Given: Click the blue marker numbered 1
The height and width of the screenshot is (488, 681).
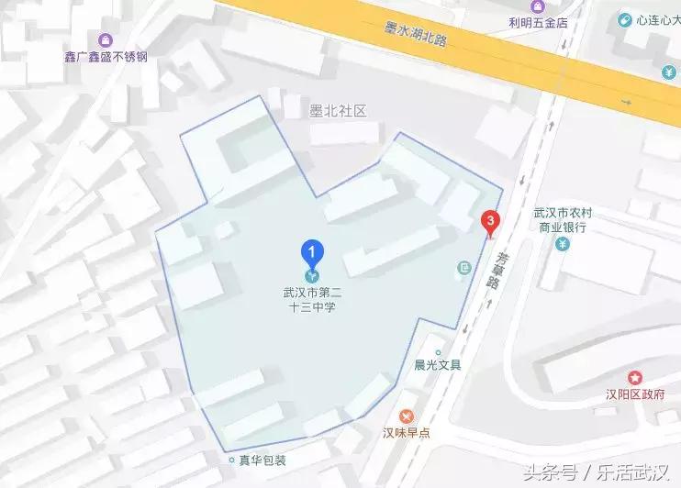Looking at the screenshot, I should [313, 251].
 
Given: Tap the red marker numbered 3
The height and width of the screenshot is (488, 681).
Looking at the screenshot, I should [491, 221].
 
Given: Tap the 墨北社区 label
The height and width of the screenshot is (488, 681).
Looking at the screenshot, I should [338, 111].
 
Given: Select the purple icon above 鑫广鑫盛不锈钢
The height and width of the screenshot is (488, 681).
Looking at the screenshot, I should [106, 40].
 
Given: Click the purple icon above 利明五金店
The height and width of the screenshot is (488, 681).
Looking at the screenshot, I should [539, 6].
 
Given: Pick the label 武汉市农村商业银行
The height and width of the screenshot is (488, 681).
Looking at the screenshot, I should [564, 220].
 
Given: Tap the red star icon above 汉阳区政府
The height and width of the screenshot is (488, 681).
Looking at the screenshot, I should [634, 377].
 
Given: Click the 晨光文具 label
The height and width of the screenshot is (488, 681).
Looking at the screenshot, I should [437, 364].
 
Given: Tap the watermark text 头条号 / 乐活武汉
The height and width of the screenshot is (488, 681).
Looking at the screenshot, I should [596, 472].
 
